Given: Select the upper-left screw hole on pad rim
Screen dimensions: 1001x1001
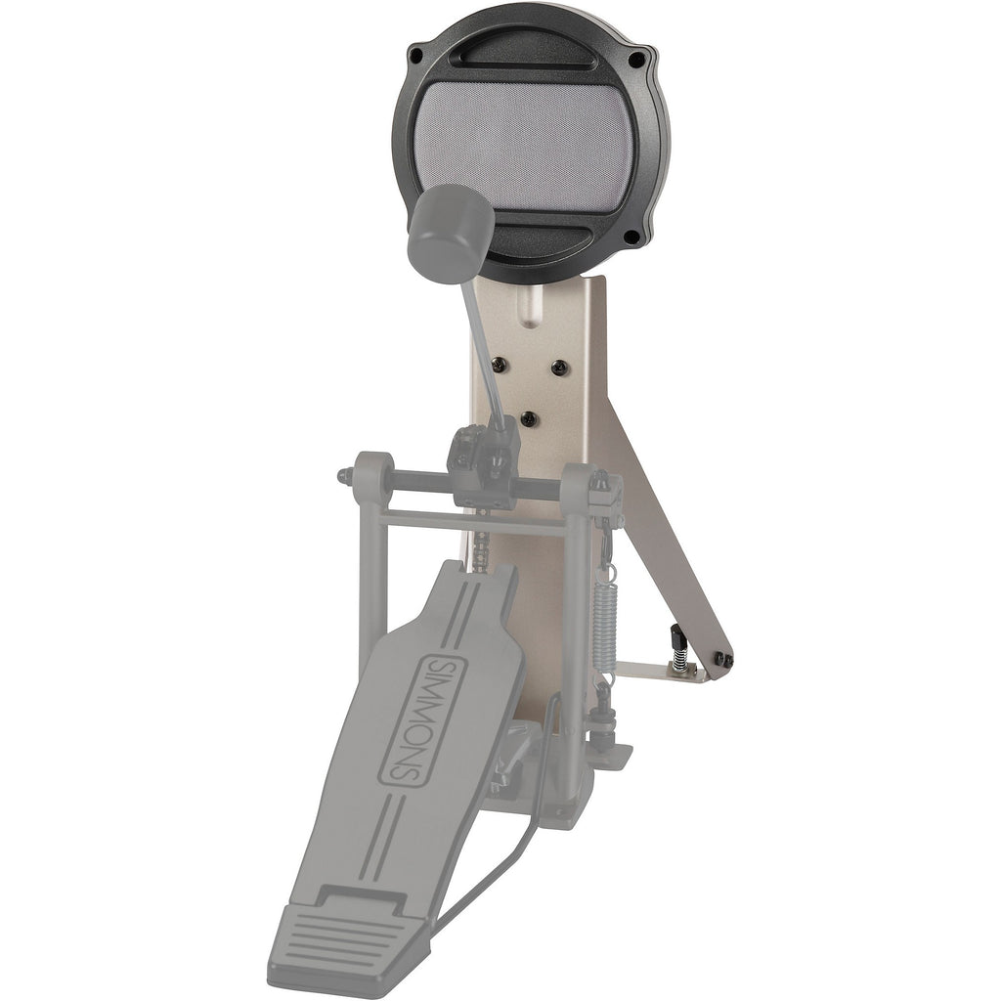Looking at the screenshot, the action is point(416,55).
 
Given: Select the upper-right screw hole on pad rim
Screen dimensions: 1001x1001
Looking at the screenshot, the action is point(635,61).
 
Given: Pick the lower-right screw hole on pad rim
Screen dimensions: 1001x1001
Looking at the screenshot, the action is point(631,237).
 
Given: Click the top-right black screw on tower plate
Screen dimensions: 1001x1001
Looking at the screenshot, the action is point(559,367).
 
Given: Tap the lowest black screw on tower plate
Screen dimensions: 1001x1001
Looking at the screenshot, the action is point(529,418).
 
